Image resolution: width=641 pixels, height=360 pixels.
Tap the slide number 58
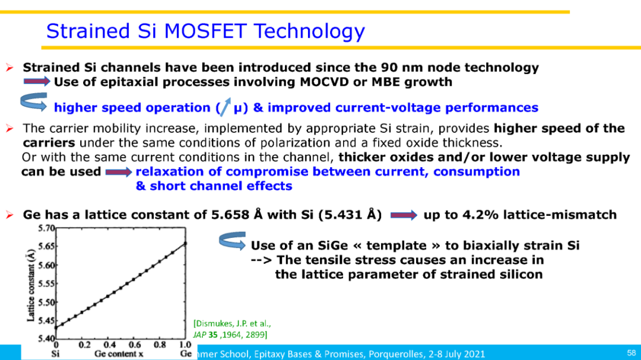click(632, 353)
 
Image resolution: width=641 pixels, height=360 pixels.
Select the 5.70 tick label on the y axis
click(46, 228)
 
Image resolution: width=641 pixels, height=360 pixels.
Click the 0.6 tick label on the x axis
click(135, 345)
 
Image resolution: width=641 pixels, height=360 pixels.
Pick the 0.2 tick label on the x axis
click(85, 345)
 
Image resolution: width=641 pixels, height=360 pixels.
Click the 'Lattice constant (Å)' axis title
click(31, 285)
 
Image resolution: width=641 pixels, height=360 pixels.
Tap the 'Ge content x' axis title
click(119, 354)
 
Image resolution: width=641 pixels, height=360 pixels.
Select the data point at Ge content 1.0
click(185, 244)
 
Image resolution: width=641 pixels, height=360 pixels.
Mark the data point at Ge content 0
click(56, 327)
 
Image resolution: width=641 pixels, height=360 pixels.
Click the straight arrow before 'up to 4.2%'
click(404, 215)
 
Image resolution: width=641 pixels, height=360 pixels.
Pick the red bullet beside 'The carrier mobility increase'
click(10, 129)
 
